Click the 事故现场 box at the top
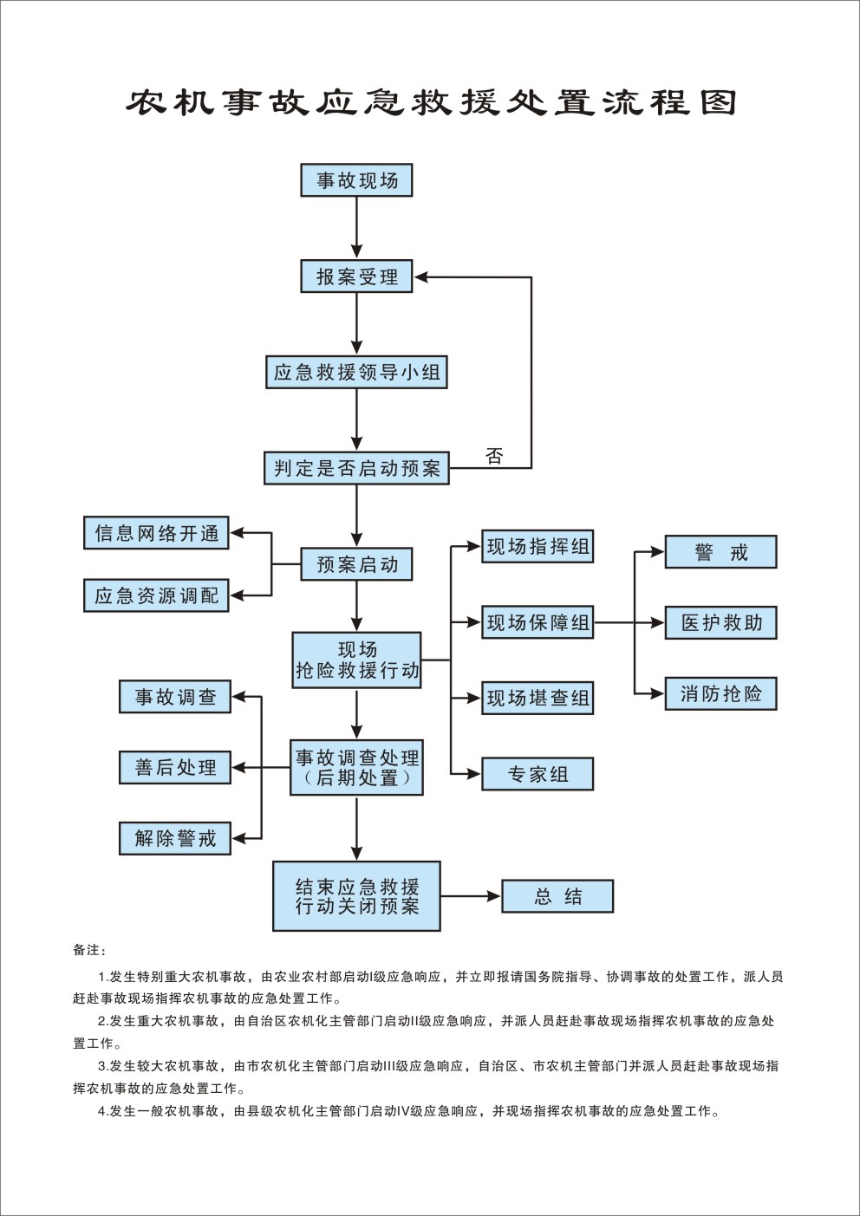356,180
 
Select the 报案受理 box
356,276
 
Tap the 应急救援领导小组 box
356,373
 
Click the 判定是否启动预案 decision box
356,468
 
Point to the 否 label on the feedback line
494,456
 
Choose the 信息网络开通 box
156,533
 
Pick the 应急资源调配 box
156,595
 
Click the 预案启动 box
356,564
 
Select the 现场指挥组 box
537,547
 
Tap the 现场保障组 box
537,622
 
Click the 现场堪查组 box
537,698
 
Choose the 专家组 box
537,774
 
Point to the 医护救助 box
720,622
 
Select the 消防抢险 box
720,693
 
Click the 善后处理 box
175,767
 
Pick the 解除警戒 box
175,838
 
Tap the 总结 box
557,896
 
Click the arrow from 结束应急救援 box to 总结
471,896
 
